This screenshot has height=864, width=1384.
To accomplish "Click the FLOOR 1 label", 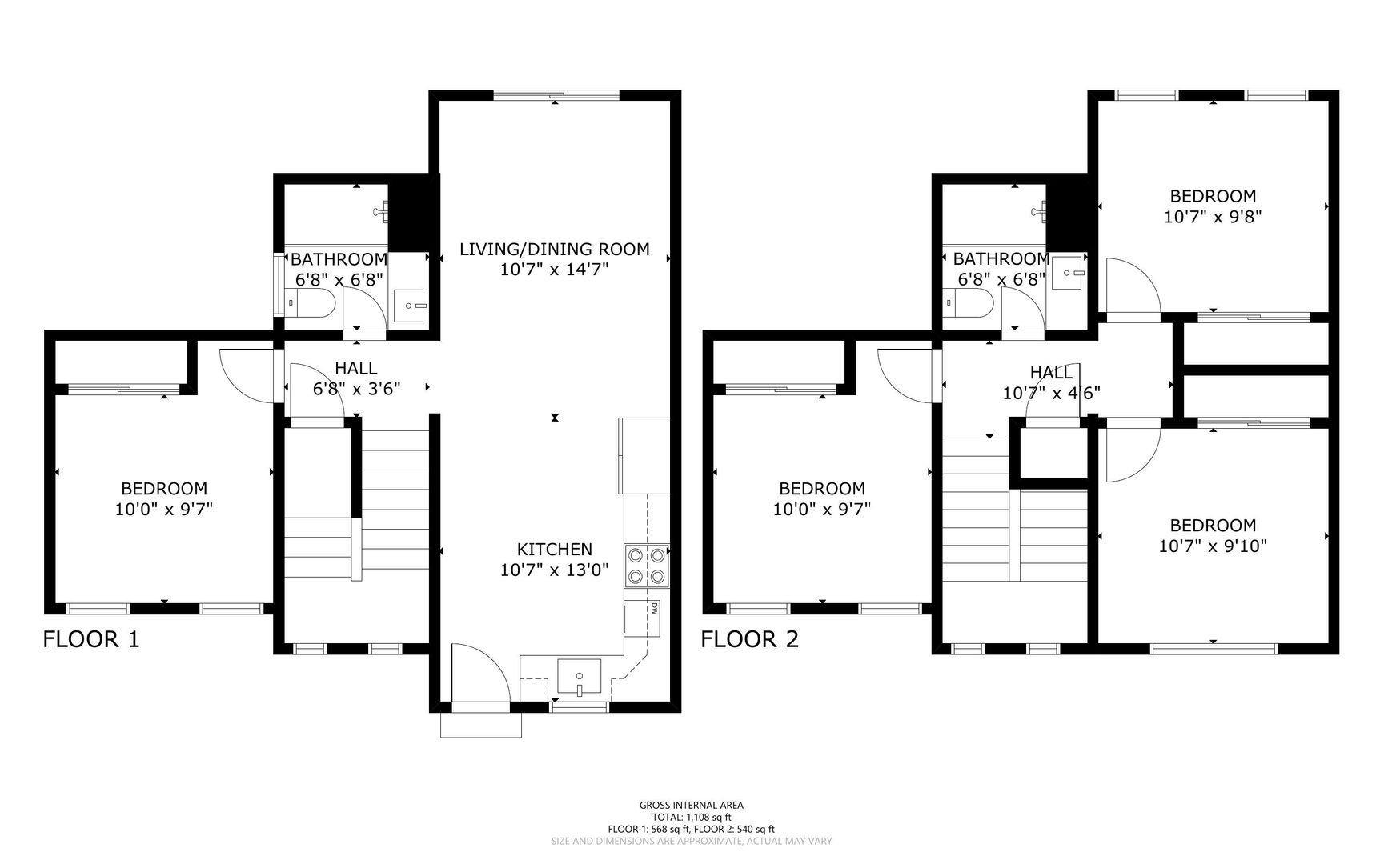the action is [91, 639].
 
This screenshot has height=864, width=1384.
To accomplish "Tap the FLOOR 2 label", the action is [750, 639].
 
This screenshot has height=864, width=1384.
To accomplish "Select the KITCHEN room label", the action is [555, 550].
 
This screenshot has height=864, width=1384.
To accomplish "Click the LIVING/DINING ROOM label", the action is [555, 249].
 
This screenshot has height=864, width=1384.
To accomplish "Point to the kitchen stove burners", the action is [647, 566].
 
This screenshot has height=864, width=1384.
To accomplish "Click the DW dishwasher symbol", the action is [654, 609].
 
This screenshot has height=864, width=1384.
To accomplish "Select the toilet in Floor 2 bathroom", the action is [969, 303].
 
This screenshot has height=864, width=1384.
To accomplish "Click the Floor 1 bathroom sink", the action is [411, 305].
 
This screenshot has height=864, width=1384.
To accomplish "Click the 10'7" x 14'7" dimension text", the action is [555, 270].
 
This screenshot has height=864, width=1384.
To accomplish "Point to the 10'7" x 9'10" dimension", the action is [1213, 546].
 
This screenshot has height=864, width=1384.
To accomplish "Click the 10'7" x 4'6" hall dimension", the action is [1052, 394].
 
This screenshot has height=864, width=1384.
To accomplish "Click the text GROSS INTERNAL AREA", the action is [692, 806].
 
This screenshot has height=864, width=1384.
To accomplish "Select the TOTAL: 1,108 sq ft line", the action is [692, 818].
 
